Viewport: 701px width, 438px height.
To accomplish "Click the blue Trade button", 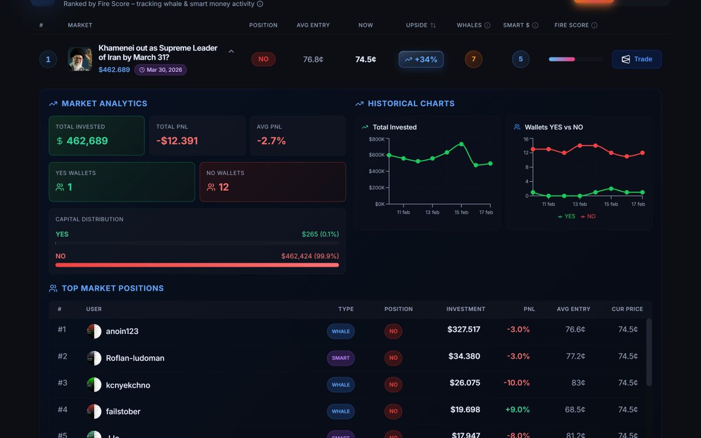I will tap(636, 59).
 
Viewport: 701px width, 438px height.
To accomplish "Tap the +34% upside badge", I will tap(421, 60).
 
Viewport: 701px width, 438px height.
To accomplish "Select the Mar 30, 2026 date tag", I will tap(160, 70).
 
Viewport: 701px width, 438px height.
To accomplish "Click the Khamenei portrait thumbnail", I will tap(79, 59).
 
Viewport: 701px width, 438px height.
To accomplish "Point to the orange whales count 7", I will tap(473, 59).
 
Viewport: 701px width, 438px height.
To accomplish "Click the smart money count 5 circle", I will tap(520, 59).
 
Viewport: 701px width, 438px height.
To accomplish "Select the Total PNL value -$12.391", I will tap(177, 141).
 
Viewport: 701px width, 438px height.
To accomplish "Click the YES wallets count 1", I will tap(70, 187).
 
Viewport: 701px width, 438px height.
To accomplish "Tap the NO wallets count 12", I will tap(223, 187).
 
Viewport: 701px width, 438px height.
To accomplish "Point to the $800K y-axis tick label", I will tap(376, 139).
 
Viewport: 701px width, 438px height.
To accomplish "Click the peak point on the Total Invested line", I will tap(461, 144).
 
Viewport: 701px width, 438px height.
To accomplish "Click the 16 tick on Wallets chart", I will tap(526, 139).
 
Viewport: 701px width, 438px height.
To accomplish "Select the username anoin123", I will tap(122, 331).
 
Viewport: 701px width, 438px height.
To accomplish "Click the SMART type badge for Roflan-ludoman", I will tap(341, 358).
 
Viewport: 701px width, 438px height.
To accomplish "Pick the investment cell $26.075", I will tap(464, 383).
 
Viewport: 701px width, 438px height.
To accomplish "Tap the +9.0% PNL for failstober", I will tap(517, 410).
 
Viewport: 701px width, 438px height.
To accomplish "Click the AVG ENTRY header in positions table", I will tap(573, 309).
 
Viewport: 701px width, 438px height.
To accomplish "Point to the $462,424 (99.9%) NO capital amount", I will tap(310, 256).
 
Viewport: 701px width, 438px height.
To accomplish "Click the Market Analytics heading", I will tap(104, 103).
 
